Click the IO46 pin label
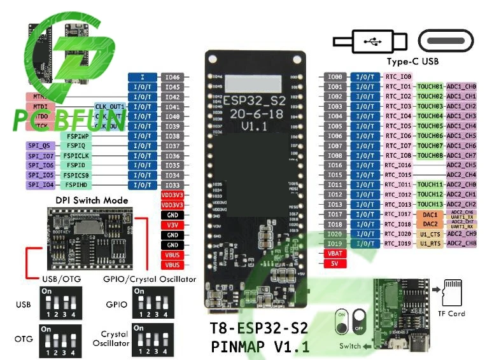click(x=172, y=77)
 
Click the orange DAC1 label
click(x=431, y=215)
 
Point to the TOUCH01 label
click(x=430, y=87)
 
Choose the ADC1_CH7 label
click(x=461, y=155)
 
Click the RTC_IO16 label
click(x=398, y=165)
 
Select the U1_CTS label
click(x=431, y=233)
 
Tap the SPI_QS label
click(x=40, y=146)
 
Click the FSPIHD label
click(x=76, y=185)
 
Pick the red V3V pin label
click(x=172, y=225)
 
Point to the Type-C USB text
click(x=413, y=62)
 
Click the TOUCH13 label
click(x=430, y=204)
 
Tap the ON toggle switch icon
click(x=344, y=322)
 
